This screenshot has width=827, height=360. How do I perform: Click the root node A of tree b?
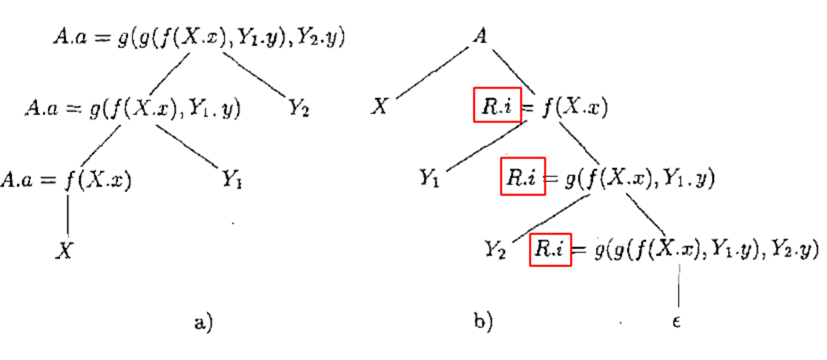(480, 36)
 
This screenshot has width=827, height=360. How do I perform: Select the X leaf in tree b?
(380, 107)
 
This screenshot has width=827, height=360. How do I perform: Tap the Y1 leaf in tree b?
(429, 178)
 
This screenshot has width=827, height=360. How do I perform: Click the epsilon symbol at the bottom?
(676, 322)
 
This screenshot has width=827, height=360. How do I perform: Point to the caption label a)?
(203, 322)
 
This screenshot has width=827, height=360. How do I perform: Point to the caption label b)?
(483, 321)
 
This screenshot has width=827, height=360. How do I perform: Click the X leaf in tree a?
(64, 251)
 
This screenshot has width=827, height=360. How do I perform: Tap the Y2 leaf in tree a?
(299, 108)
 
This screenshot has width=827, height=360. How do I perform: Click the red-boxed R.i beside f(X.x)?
(497, 105)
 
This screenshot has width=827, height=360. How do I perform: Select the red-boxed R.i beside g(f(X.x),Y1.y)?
(522, 177)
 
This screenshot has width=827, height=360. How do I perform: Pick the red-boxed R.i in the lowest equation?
(550, 250)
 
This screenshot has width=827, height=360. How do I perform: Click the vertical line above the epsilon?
(679, 287)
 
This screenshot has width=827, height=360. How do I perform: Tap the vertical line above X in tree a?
(68, 215)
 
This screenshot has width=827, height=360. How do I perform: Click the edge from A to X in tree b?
(432, 73)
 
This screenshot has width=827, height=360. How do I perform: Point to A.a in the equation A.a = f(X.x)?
(17, 180)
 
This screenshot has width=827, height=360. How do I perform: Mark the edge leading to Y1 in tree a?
(186, 145)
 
